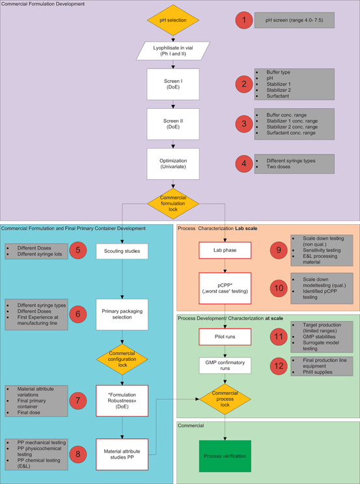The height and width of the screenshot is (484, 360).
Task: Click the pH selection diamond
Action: tap(173, 20)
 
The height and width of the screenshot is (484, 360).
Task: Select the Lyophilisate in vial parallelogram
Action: tap(173, 50)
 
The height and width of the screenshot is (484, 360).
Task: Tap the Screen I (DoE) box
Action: tap(173, 84)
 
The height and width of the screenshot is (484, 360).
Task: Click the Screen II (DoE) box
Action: tap(173, 124)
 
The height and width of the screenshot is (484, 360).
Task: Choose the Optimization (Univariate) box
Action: tap(173, 164)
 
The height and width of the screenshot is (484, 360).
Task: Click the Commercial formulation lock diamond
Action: tap(173, 203)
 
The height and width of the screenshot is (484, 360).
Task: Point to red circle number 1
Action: tap(244, 20)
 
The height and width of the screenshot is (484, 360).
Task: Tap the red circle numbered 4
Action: tap(244, 164)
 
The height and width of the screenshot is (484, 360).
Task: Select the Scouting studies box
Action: tap(122, 251)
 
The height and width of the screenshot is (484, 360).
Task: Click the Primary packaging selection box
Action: tap(122, 315)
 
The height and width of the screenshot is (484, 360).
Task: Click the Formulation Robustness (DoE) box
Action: tap(122, 401)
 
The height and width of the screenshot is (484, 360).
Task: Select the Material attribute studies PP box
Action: tap(122, 454)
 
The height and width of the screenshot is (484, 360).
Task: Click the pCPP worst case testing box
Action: tap(225, 289)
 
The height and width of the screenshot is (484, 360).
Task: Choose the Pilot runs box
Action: tap(225, 337)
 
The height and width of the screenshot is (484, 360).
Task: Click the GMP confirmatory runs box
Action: tap(225, 365)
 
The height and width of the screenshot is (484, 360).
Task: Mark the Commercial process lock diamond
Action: tap(225, 399)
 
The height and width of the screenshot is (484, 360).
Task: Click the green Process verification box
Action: tap(225, 455)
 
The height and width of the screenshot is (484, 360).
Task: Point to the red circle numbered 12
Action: tap(279, 366)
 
